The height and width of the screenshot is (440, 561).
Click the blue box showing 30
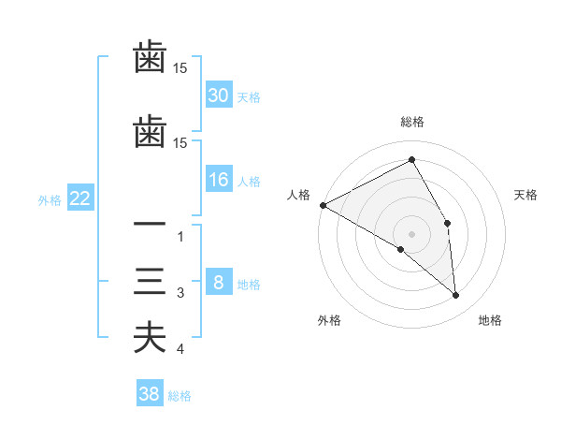(x=219, y=95)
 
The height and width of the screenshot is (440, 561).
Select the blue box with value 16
(x=219, y=180)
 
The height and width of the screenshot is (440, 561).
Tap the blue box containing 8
(x=219, y=283)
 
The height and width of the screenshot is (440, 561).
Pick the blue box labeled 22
(x=80, y=198)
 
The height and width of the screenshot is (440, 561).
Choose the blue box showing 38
(x=150, y=394)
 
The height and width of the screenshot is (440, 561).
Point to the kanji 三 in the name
(x=150, y=282)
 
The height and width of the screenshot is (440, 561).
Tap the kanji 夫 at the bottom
(x=150, y=337)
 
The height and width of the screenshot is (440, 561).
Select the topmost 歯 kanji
(x=150, y=58)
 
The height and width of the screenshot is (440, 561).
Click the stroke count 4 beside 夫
(x=180, y=349)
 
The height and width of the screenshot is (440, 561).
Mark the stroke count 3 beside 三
(x=180, y=293)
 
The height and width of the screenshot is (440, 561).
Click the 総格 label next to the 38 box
(x=180, y=395)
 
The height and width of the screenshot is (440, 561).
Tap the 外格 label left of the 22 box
(x=50, y=199)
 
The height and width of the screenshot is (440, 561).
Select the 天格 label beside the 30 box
(x=249, y=96)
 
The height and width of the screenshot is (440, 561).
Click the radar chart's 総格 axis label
(x=412, y=122)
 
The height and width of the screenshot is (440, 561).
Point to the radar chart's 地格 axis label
(x=490, y=320)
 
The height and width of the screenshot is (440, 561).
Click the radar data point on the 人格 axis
(x=323, y=204)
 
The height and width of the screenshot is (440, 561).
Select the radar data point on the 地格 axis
(x=456, y=295)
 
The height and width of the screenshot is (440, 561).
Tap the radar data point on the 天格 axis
(x=448, y=223)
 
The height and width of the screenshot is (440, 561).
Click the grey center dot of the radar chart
(x=411, y=233)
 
